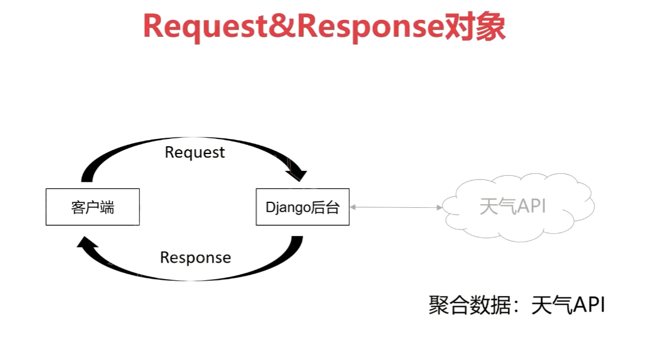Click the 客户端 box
pos(92,207)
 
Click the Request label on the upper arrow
pos(195,152)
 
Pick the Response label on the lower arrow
pos(195,258)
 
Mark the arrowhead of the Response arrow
pos(86,243)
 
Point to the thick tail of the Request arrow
pos(88,176)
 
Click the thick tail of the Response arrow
pos(295,242)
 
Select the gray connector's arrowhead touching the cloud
pos(439,207)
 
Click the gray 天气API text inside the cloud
pos(512,206)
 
